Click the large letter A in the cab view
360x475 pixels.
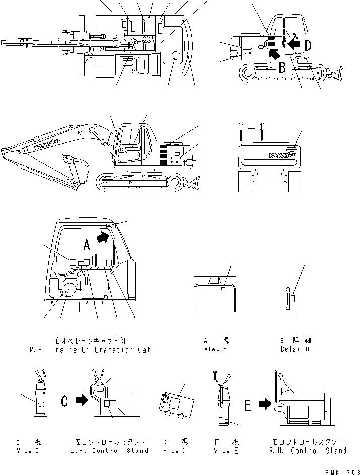[87, 245]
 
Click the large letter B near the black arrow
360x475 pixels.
[282, 67]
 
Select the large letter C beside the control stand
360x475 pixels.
[65, 401]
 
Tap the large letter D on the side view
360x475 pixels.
[307, 45]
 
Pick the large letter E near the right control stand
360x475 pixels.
[248, 405]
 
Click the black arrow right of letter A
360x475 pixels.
[103, 237]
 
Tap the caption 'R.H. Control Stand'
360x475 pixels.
[308, 451]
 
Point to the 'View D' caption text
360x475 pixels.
[175, 450]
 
